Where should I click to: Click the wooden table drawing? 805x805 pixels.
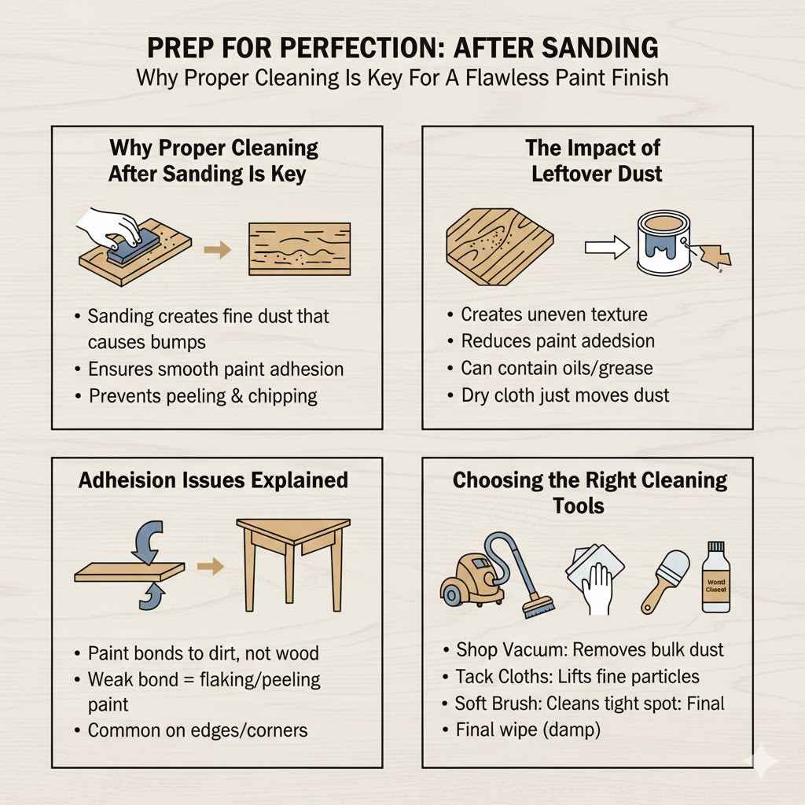[293, 562]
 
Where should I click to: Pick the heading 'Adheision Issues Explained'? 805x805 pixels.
[213, 480]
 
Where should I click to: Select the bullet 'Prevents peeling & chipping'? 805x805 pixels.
[203, 395]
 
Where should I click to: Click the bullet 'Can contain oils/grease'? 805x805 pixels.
[557, 367]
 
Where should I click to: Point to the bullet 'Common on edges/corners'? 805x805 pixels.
[197, 730]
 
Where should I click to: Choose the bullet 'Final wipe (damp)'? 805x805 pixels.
[527, 730]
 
